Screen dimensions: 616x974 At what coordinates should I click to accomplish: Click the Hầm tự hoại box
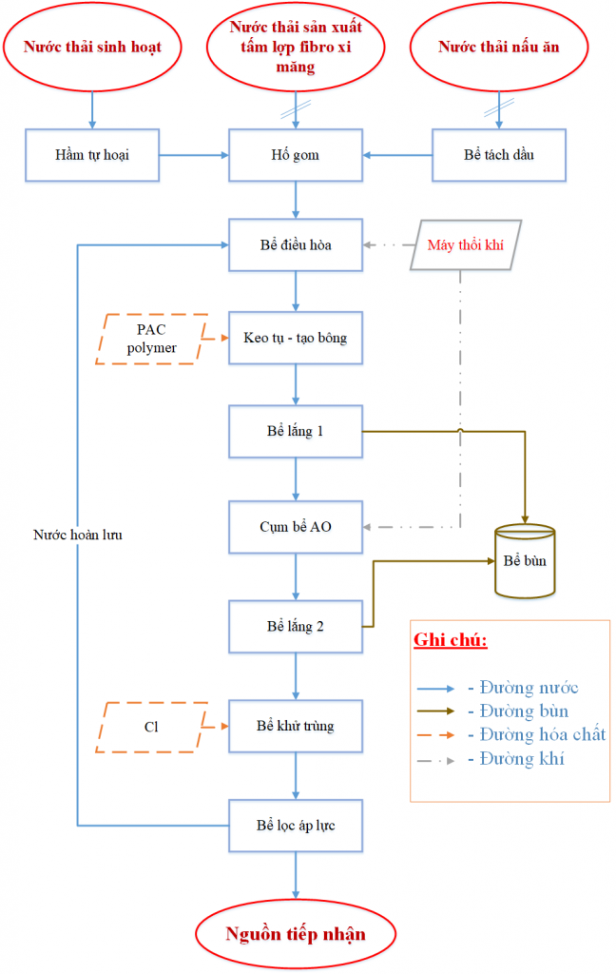(92, 155)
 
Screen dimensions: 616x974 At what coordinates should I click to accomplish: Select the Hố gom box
(296, 155)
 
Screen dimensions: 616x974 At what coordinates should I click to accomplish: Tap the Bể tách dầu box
(499, 155)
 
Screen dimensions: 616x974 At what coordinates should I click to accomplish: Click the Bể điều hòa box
(296, 244)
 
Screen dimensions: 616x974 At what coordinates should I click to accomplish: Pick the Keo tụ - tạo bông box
(296, 338)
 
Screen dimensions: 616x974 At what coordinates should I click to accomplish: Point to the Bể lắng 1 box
(296, 431)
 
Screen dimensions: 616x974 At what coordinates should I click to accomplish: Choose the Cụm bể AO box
(296, 527)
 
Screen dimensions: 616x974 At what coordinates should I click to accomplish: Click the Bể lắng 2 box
(296, 626)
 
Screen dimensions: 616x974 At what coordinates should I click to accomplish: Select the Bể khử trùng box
(296, 726)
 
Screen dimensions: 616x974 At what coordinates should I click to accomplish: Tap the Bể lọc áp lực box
(296, 826)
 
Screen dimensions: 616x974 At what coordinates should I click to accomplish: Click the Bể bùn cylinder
(525, 561)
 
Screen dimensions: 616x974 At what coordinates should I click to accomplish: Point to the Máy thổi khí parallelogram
(466, 244)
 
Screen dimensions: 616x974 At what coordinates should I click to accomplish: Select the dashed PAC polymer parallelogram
(151, 339)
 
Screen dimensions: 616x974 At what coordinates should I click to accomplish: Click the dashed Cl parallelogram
(151, 727)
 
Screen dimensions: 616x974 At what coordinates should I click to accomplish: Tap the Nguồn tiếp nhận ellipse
(296, 934)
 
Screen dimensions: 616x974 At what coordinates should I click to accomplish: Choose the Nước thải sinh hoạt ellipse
(92, 47)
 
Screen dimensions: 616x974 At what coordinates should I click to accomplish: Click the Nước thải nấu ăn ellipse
(499, 47)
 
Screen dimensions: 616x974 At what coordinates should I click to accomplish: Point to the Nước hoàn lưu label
(78, 535)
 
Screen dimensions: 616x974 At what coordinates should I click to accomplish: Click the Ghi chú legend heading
(451, 640)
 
